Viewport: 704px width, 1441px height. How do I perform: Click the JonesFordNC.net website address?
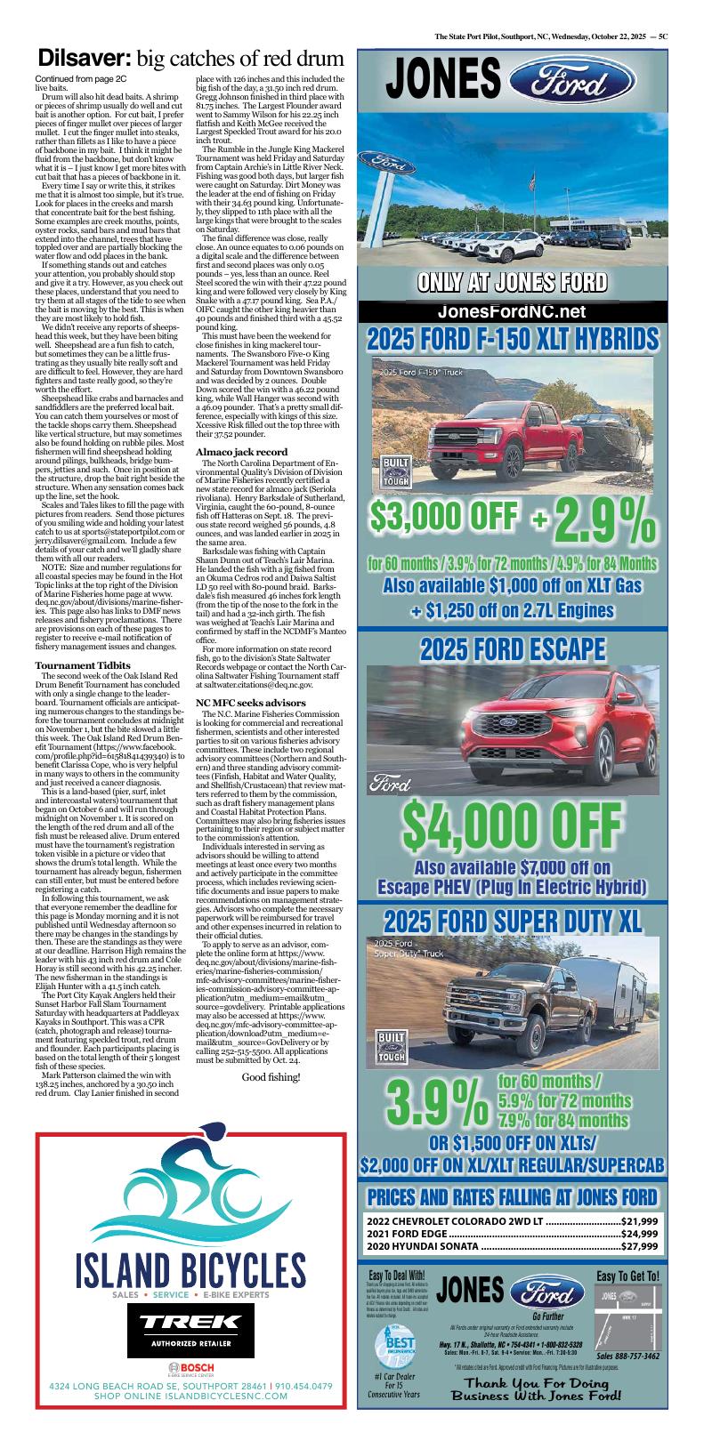pyautogui.click(x=512, y=311)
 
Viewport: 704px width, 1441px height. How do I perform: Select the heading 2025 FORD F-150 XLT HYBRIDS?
pyautogui.click(x=513, y=340)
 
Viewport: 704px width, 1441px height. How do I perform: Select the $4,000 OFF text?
pyautogui.click(x=513, y=825)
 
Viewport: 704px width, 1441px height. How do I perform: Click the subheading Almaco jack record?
pyautogui.click(x=241, y=452)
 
